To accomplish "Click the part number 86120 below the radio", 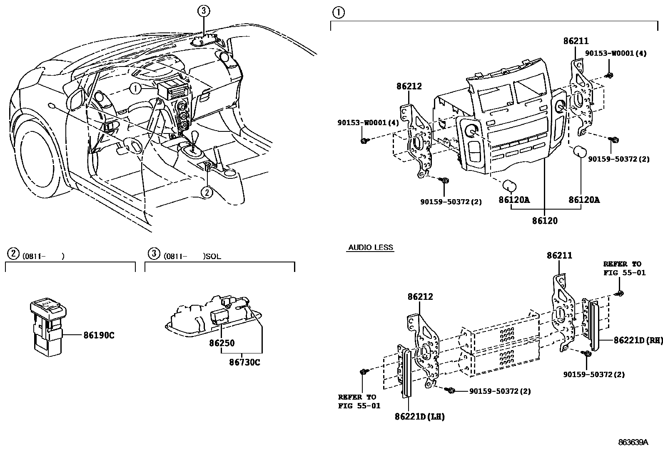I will click(544, 221).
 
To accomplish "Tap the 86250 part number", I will click(222, 343).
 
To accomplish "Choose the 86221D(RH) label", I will click(638, 340).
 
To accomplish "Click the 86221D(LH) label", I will click(419, 416).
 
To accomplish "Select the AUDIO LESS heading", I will click(370, 247).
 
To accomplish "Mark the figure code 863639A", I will click(633, 442).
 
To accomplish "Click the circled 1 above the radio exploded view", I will click(338, 13).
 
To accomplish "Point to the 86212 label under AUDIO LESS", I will click(420, 296).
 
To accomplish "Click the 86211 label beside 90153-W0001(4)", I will click(576, 41).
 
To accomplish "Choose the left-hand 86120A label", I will click(514, 200).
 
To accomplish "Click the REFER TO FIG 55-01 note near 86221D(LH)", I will click(359, 401).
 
